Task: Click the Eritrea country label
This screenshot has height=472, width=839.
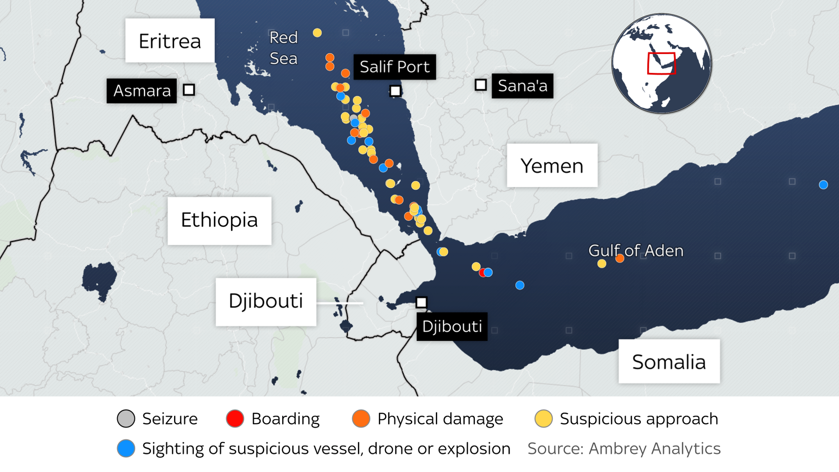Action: coord(170,41)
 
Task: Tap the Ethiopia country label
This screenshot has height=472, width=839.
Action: coord(219,220)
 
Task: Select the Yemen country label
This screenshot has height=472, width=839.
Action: coord(552,166)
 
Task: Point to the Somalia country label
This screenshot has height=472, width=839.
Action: coord(669,361)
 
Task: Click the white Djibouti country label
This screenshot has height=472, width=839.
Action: coord(265,302)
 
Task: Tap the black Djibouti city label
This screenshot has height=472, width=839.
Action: coord(452,327)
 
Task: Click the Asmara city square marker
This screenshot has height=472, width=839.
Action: coord(189,90)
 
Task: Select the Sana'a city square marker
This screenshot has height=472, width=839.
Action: coord(481,85)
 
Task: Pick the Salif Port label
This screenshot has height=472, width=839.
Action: coord(395,66)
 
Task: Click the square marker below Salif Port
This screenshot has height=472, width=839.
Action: coord(395,91)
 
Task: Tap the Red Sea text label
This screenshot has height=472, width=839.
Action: coord(283,48)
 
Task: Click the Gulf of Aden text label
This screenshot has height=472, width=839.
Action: coord(636,250)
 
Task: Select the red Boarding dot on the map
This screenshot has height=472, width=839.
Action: coord(483,272)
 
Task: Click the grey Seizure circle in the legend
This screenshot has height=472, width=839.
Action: coord(126,419)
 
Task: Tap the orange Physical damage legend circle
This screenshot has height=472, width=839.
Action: coord(361,419)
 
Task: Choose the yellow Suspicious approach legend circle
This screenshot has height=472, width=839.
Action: coord(544,419)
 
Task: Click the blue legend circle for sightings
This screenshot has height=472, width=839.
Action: coord(126,449)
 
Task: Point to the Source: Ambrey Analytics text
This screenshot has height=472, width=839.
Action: coord(624,449)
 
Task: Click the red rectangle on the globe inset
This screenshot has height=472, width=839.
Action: coord(661,64)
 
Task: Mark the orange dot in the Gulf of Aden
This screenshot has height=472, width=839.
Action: coord(620,258)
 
